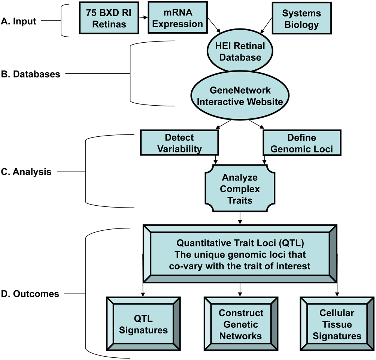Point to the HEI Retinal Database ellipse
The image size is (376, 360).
coord(235,52)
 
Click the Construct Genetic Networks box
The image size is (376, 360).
coord(241,324)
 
